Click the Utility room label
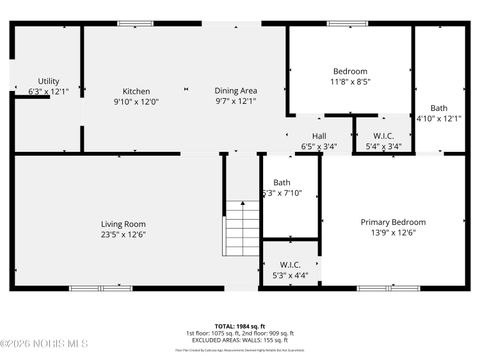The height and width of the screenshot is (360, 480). (48, 81)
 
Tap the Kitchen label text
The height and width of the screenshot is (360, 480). (136, 91)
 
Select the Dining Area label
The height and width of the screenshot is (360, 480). (235, 91)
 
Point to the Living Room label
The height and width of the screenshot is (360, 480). (123, 224)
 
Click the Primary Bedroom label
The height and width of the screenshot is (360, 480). (393, 222)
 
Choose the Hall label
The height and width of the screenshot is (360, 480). (319, 136)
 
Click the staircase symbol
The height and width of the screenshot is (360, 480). (240, 227)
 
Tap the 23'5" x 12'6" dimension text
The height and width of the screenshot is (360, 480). (123, 235)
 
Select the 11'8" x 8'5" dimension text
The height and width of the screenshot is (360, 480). (350, 82)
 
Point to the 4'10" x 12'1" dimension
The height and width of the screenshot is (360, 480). (439, 118)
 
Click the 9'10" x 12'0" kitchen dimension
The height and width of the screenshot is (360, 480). (136, 101)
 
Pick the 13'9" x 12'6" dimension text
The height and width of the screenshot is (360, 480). (393, 233)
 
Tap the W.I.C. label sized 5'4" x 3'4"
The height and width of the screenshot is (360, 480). (383, 136)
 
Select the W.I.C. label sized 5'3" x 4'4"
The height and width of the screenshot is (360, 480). (290, 265)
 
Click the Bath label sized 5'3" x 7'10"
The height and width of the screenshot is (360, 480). (282, 182)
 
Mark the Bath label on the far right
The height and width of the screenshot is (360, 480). (439, 108)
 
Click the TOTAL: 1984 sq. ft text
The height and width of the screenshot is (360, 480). (240, 325)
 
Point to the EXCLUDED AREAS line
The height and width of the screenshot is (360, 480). (240, 340)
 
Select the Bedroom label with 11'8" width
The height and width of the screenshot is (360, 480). (350, 71)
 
